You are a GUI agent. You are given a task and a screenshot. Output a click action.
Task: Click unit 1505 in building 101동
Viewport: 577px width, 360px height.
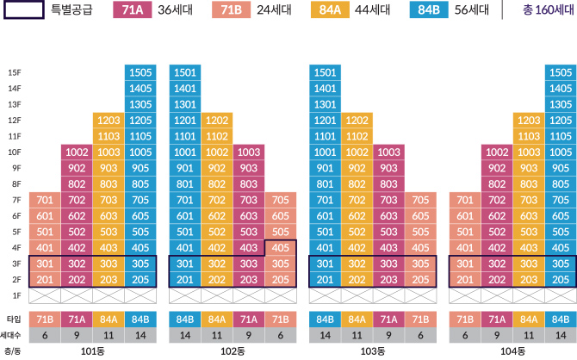click(140, 72)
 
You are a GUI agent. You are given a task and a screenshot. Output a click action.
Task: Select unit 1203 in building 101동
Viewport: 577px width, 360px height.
click(109, 120)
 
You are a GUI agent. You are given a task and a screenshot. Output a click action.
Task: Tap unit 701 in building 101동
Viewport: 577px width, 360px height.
click(45, 200)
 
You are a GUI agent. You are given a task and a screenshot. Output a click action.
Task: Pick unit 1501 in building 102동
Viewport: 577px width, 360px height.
click(185, 72)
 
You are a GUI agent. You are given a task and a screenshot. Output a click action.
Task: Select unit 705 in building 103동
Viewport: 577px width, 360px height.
click(420, 200)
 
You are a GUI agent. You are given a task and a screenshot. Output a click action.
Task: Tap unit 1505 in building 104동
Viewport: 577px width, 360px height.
click(560, 72)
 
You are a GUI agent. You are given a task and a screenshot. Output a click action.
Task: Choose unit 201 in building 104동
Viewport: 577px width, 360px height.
click(464, 279)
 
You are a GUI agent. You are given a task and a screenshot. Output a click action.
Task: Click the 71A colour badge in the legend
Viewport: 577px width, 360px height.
click(133, 9)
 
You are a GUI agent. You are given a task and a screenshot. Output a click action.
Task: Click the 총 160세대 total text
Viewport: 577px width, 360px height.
click(544, 9)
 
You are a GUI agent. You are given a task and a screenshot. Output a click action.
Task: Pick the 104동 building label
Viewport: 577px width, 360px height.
click(512, 351)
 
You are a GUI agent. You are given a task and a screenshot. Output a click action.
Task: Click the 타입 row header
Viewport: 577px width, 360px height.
click(13, 319)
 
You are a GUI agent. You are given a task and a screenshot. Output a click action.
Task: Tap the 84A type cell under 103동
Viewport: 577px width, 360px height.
click(357, 319)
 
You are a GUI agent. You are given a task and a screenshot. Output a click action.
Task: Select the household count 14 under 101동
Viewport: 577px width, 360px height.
click(140, 334)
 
